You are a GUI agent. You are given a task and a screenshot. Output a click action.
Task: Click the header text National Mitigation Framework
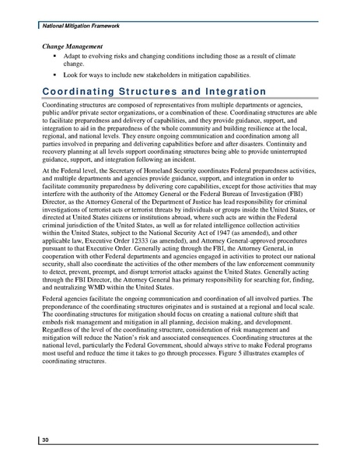click(74, 26)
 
